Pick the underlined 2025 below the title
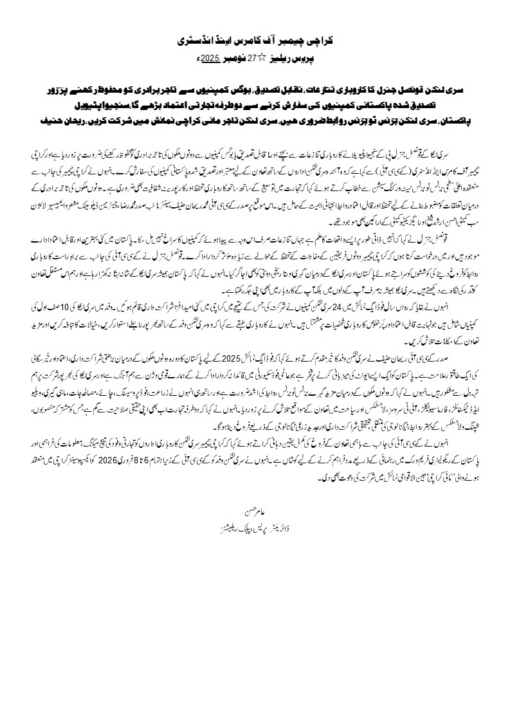point(213,58)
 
